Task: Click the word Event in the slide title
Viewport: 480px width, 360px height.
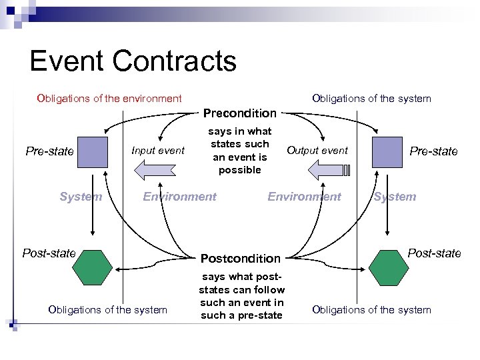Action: pos(67,61)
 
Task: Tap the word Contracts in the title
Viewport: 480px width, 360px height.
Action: pos(175,61)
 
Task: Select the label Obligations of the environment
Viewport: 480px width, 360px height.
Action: pos(109,99)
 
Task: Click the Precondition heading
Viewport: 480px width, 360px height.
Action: pos(239,113)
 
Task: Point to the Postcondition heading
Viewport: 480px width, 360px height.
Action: pos(241,258)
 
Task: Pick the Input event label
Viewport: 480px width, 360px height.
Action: pos(158,151)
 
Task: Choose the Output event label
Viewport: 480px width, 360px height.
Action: pos(317,151)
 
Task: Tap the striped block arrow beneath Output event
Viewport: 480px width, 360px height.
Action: pos(327,170)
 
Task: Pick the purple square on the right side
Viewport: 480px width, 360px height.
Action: pos(387,151)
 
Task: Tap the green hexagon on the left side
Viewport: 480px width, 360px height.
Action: pos(93,269)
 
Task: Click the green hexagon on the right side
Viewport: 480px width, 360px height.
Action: pos(387,269)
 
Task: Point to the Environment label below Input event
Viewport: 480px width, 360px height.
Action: pos(180,197)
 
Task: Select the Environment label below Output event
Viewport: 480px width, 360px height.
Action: pos(304,197)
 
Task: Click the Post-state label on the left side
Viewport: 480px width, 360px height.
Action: pos(49,253)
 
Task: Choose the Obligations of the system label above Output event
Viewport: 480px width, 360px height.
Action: pos(371,99)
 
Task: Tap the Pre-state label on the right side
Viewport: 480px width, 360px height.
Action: pos(433,151)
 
